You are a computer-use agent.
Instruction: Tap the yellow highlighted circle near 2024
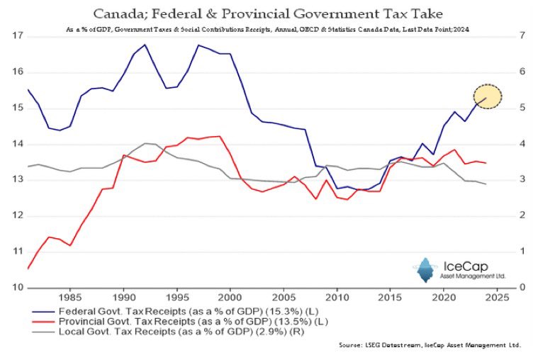click(x=488, y=97)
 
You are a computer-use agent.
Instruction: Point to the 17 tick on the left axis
click(x=18, y=36)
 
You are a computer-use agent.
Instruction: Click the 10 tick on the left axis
click(x=18, y=288)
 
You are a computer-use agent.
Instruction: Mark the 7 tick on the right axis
click(x=522, y=36)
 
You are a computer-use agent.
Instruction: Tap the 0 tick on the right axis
click(x=522, y=288)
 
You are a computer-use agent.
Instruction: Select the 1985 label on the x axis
click(x=69, y=299)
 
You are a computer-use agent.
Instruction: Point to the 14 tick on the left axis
click(x=18, y=144)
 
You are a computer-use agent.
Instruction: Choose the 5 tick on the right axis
click(x=522, y=108)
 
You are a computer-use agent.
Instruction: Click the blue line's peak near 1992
click(x=145, y=45)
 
